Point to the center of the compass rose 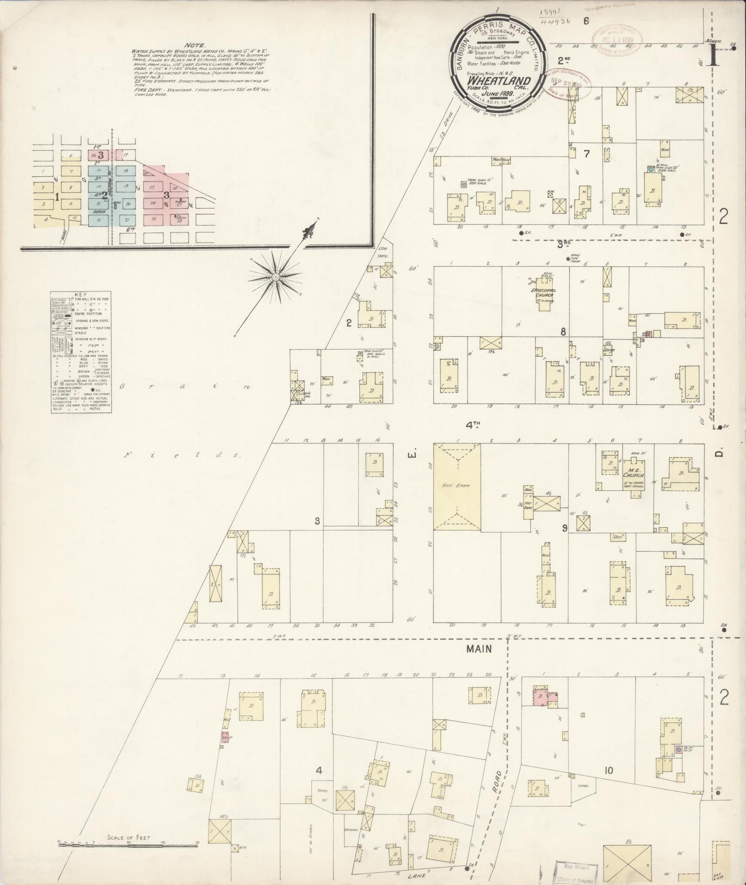click(x=276, y=277)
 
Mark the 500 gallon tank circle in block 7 click(x=463, y=185)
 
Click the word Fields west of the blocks click(x=181, y=455)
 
